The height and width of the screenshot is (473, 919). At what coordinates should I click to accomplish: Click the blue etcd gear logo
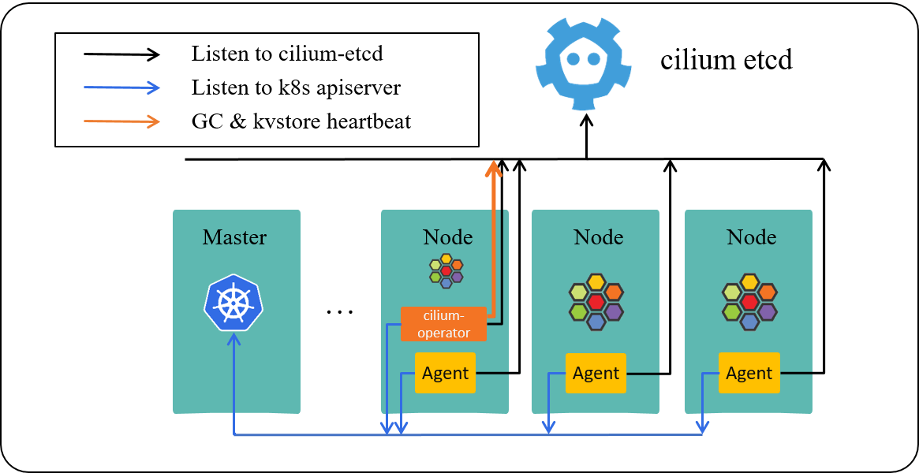tap(584, 65)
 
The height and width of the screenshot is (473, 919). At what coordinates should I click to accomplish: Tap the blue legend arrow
tap(122, 88)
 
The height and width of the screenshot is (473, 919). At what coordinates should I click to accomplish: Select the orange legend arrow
tap(122, 121)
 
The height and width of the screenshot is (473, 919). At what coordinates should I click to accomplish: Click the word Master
tap(234, 237)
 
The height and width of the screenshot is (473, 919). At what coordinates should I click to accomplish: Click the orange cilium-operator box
tap(443, 324)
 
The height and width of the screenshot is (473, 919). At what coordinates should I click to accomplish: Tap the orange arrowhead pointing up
tap(494, 168)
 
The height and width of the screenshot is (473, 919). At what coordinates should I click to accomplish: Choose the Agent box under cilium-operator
tap(445, 373)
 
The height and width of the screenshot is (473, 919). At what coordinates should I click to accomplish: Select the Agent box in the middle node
tap(596, 373)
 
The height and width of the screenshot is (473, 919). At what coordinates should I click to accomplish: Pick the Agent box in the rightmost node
tap(749, 373)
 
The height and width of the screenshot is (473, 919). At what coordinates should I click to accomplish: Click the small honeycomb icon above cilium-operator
tap(446, 270)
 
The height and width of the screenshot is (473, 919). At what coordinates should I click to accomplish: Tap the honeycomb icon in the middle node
tap(596, 302)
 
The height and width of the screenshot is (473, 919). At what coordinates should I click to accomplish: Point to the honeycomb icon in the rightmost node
tap(749, 302)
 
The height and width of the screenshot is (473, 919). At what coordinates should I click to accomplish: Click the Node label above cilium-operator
tap(447, 237)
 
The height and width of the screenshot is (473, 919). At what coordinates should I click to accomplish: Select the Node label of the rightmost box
tap(751, 237)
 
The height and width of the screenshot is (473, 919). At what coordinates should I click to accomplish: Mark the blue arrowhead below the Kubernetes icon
tap(233, 339)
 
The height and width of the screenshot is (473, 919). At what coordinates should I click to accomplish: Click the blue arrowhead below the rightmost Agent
tap(702, 427)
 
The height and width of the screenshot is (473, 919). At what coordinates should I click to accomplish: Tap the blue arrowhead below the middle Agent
tap(549, 427)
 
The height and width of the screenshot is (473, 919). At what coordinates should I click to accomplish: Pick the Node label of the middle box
tap(598, 237)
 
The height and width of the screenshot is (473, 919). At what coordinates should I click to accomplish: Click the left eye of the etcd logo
tap(573, 58)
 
